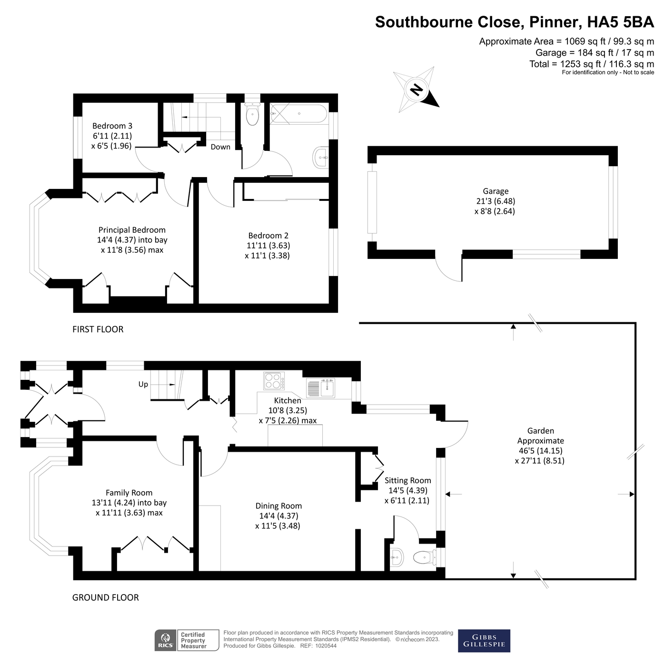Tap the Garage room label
tap(495, 191)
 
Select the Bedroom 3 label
tap(112, 126)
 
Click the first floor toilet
tap(252, 114)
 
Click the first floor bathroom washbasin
tap(321, 157)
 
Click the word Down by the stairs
tap(220, 147)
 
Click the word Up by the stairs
tap(143, 385)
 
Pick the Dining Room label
tap(278, 506)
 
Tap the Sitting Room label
tap(408, 481)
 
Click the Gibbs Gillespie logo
tap(484, 641)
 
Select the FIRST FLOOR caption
tap(98, 329)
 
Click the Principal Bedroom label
tap(132, 230)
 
